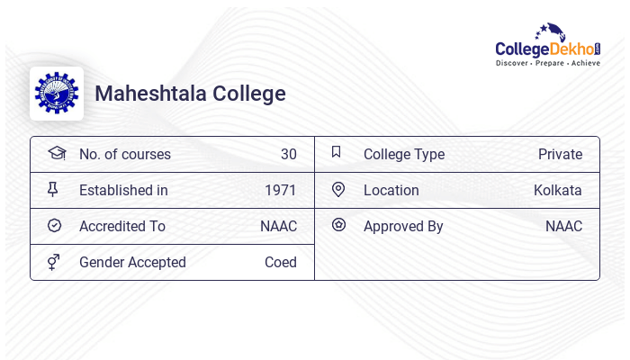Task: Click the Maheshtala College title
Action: [190, 94]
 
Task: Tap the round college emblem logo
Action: [56, 94]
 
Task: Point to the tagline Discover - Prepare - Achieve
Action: [548, 64]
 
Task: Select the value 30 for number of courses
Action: [288, 154]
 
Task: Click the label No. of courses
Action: [125, 154]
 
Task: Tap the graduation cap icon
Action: [56, 153]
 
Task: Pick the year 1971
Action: [281, 190]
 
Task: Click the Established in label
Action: [123, 190]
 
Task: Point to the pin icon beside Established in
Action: [54, 189]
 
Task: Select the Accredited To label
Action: [121, 226]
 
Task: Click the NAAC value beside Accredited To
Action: [278, 226]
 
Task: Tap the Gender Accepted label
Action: [132, 262]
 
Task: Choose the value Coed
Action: [281, 262]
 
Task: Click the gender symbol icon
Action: [54, 262]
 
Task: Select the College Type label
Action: [404, 154]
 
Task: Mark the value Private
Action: [560, 154]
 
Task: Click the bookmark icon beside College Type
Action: [337, 152]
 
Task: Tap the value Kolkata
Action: [558, 190]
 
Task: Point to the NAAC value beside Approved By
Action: [563, 226]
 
